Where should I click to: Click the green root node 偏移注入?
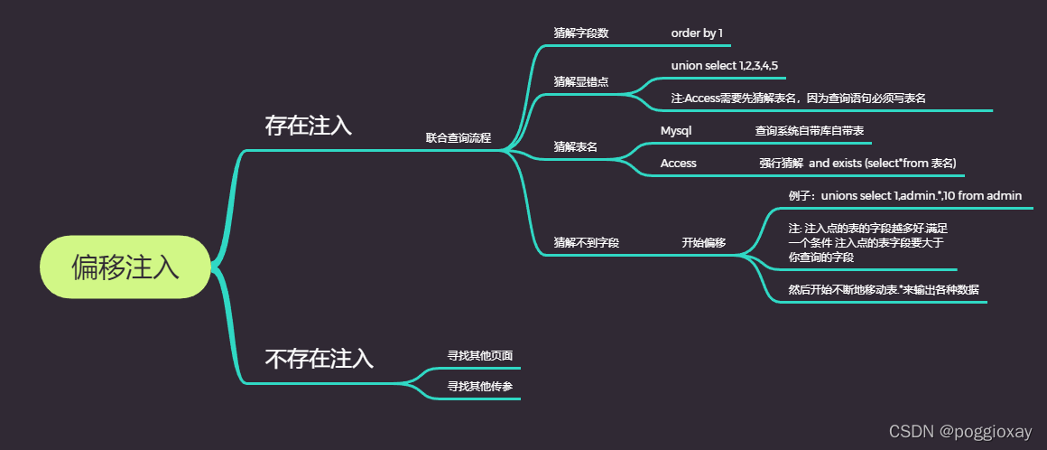[x=125, y=267]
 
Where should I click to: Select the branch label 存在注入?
[x=308, y=126]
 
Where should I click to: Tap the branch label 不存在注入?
[x=319, y=359]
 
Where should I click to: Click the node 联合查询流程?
[x=459, y=138]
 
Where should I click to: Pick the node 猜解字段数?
[x=580, y=33]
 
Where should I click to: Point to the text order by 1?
[x=697, y=33]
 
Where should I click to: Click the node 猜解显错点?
[x=580, y=81]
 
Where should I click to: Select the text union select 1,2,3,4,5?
[x=724, y=66]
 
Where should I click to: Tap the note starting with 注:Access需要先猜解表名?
[x=799, y=98]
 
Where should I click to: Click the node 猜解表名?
[x=575, y=146]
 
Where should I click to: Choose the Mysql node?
[x=675, y=131]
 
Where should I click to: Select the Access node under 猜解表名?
[x=678, y=164]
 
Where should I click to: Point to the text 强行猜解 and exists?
[x=857, y=164]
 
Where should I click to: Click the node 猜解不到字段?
[x=586, y=243]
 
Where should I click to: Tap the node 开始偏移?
[x=703, y=243]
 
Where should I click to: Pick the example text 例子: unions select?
[x=904, y=196]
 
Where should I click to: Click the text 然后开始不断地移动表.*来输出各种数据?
[x=884, y=290]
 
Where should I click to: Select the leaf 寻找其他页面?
[x=480, y=356]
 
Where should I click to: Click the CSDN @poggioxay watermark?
[x=960, y=432]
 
